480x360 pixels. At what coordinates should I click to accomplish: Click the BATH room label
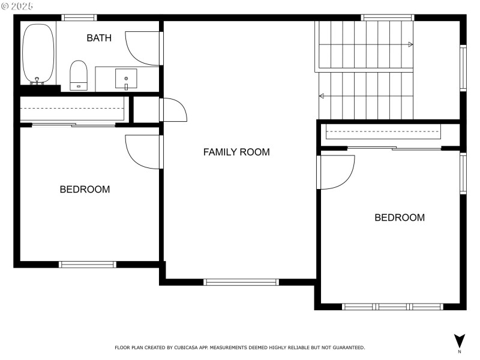click(99, 38)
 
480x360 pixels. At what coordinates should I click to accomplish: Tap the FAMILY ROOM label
click(236, 152)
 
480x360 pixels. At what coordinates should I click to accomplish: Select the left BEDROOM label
click(85, 189)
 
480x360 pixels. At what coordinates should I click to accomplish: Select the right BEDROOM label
click(400, 217)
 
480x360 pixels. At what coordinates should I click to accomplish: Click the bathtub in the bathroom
click(38, 54)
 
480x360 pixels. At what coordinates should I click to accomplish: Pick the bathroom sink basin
click(126, 78)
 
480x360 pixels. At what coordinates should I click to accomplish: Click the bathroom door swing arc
click(142, 48)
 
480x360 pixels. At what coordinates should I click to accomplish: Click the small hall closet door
click(174, 110)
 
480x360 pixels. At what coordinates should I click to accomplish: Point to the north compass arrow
click(459, 340)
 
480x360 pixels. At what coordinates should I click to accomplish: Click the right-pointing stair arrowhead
click(410, 44)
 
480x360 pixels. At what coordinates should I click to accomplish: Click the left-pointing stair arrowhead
click(322, 96)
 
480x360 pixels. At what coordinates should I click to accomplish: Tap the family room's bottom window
click(241, 281)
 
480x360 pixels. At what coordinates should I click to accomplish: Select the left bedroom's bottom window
click(88, 264)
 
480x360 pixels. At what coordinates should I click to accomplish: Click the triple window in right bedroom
click(392, 306)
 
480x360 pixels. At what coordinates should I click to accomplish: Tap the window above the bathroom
click(80, 17)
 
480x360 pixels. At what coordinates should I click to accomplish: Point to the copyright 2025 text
click(17, 5)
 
